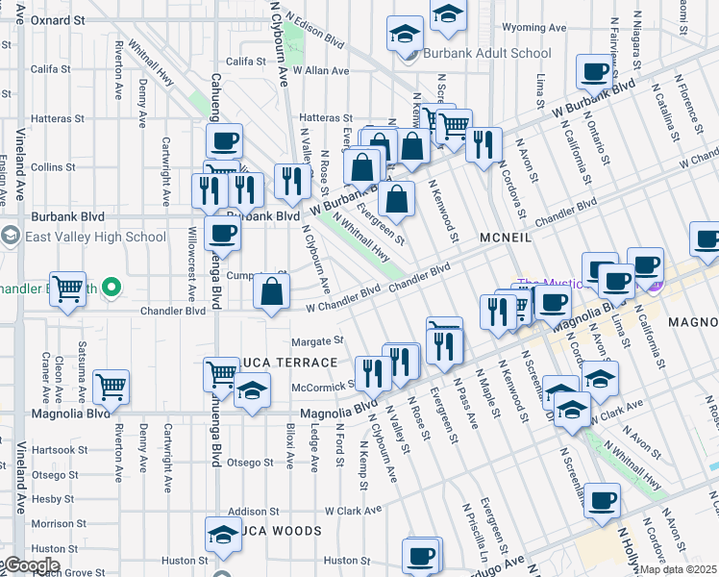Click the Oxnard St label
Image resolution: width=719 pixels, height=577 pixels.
(x=57, y=19)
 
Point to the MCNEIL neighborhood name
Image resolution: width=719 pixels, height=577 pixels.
(x=505, y=237)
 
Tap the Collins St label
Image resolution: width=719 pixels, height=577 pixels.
(x=53, y=166)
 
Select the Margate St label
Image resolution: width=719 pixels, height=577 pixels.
(x=317, y=340)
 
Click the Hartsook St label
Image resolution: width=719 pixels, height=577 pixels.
(x=52, y=449)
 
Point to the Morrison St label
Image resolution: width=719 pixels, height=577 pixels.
(x=52, y=523)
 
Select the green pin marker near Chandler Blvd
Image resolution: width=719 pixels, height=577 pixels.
(x=112, y=287)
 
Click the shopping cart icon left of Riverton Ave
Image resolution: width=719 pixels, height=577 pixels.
(x=68, y=288)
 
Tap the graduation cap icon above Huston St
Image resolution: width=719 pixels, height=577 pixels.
(x=223, y=534)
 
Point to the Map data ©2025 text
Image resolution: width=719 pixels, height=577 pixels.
(x=679, y=569)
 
